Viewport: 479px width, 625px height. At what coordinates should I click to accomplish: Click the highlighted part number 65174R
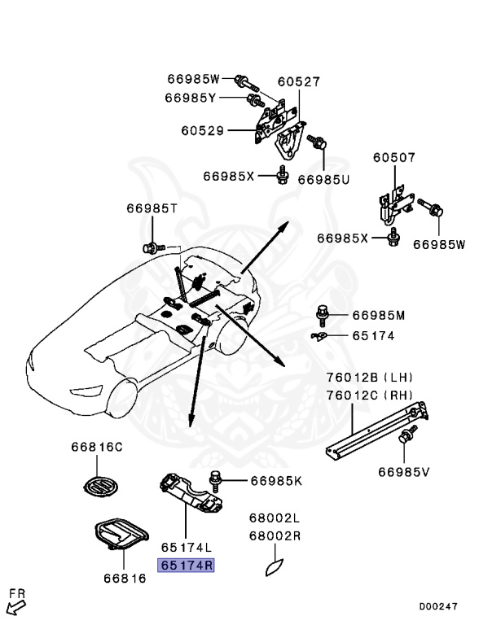(187, 564)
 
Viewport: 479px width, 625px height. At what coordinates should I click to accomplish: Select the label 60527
(298, 82)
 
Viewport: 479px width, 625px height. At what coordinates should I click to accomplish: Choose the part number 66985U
(323, 179)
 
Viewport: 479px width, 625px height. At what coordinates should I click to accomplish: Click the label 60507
(394, 158)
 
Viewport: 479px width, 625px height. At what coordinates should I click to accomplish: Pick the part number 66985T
(152, 208)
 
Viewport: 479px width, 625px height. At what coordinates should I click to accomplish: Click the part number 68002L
(275, 518)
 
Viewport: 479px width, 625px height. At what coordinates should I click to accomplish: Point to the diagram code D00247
(439, 606)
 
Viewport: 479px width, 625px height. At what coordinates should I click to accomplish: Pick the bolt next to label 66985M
(323, 314)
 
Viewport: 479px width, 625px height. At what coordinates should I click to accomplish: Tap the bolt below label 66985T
(150, 245)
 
